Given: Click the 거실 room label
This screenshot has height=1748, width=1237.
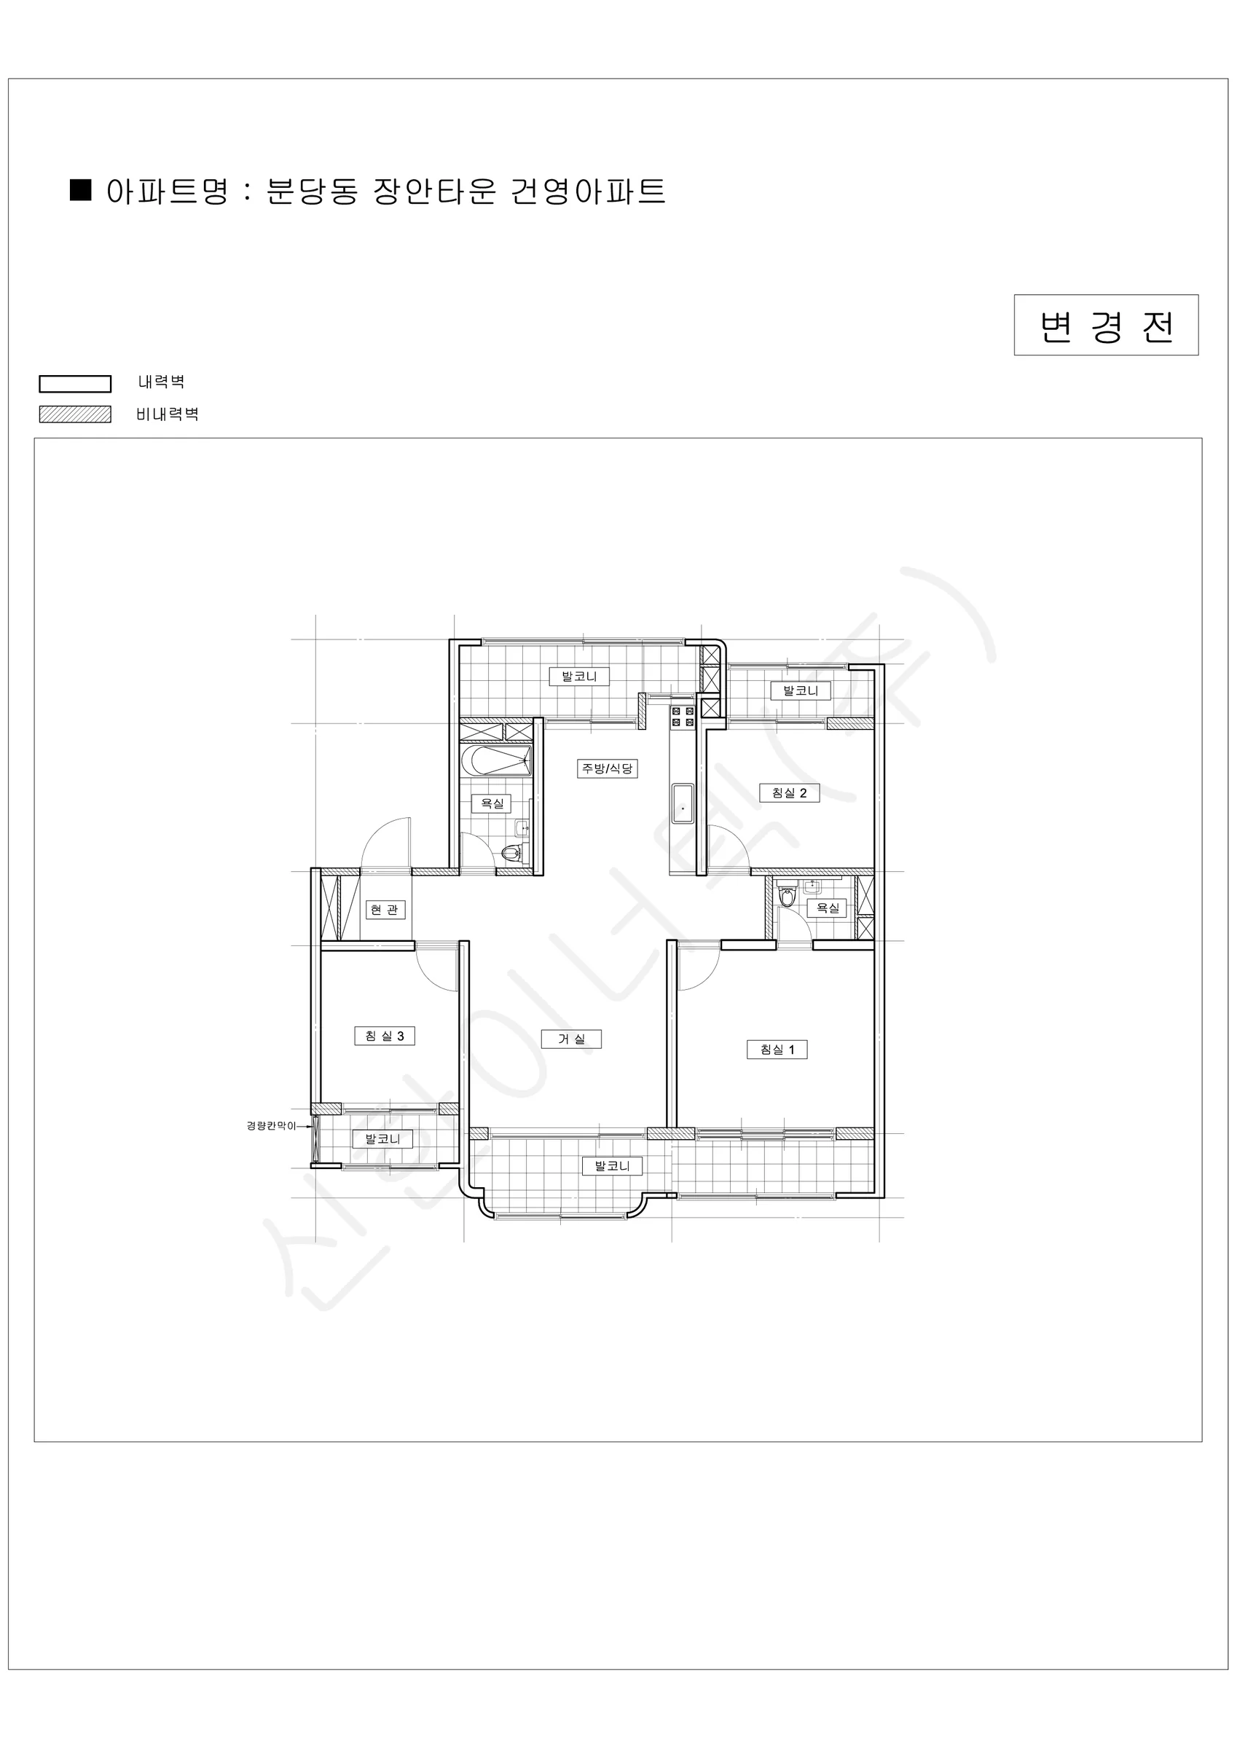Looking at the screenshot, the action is pyautogui.click(x=571, y=1039).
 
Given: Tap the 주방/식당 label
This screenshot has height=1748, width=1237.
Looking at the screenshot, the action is pyautogui.click(x=607, y=768).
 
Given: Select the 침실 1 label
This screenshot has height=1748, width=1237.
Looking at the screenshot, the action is pyautogui.click(x=777, y=1049).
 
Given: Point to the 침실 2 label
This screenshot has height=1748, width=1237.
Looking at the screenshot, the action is pyautogui.click(x=789, y=792).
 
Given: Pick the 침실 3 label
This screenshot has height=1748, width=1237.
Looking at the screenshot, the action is pyautogui.click(x=385, y=1036).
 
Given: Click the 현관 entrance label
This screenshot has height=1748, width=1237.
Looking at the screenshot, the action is pyautogui.click(x=384, y=909).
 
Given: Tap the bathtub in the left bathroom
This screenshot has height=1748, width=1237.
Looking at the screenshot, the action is pyautogui.click(x=496, y=760).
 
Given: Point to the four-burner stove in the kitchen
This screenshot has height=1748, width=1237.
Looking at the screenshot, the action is pyautogui.click(x=683, y=716).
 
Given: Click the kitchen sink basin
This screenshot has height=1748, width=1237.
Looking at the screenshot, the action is pyautogui.click(x=683, y=803).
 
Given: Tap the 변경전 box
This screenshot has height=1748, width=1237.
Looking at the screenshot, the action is pyautogui.click(x=1106, y=325).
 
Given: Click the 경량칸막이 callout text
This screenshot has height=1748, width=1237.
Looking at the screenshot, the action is pyautogui.click(x=270, y=1126).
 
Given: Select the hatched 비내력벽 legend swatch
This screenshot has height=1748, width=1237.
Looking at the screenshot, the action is pyautogui.click(x=74, y=414).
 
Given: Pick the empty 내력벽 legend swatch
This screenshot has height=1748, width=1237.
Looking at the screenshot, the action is pyautogui.click(x=74, y=384).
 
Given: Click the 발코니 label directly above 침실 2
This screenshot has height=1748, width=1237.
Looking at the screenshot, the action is pyautogui.click(x=801, y=690).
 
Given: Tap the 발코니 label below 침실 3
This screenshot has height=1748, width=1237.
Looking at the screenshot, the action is pyautogui.click(x=382, y=1139).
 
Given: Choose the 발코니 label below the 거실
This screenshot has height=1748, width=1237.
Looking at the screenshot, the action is pyautogui.click(x=613, y=1165).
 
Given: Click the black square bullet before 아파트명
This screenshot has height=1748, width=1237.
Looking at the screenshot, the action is pyautogui.click(x=80, y=189).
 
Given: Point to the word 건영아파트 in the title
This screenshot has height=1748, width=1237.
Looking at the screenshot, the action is pyautogui.click(x=588, y=191).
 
